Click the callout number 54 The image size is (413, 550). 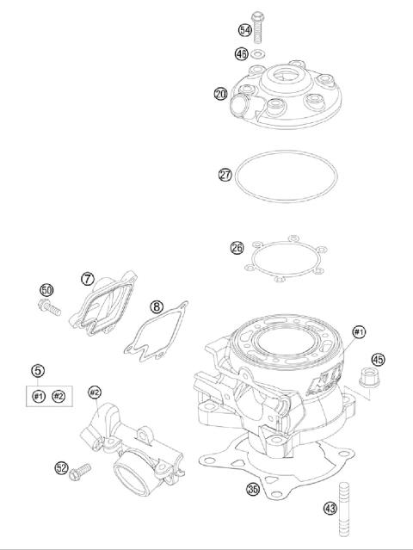pyautogui.click(x=245, y=30)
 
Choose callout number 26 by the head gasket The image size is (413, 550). pyautogui.click(x=237, y=248)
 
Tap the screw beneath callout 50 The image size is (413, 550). pyautogui.click(x=48, y=305)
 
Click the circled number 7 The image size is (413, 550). pyautogui.click(x=87, y=279)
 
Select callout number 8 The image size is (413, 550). pyautogui.click(x=156, y=306)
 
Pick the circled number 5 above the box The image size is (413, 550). pyautogui.click(x=38, y=371)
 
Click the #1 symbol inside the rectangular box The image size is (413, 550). pyautogui.click(x=39, y=395)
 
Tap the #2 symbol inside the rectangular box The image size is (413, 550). pyautogui.click(x=59, y=395)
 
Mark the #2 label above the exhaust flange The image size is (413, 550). pyautogui.click(x=95, y=392)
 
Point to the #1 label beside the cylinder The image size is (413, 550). pyautogui.click(x=359, y=331)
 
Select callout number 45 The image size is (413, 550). pyautogui.click(x=378, y=358)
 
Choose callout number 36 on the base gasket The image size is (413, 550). pyautogui.click(x=252, y=489)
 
